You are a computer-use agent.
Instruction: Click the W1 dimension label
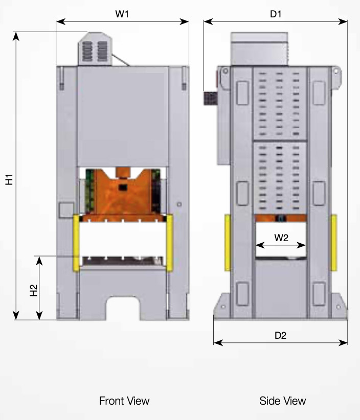point(122,14)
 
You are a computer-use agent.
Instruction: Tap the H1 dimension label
point(9,179)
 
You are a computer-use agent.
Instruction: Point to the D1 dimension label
point(276,14)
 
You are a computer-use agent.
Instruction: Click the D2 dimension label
point(280,335)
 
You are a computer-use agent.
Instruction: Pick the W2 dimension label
point(281,237)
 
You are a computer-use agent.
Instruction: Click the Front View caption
point(124,400)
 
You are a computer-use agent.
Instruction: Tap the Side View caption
point(283,400)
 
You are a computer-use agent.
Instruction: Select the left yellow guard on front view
point(77,243)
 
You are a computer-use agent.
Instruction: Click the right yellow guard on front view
point(169,243)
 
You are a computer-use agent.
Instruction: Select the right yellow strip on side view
point(333,243)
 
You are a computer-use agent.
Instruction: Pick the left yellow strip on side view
point(227,243)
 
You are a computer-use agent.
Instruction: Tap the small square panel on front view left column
point(65,209)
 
